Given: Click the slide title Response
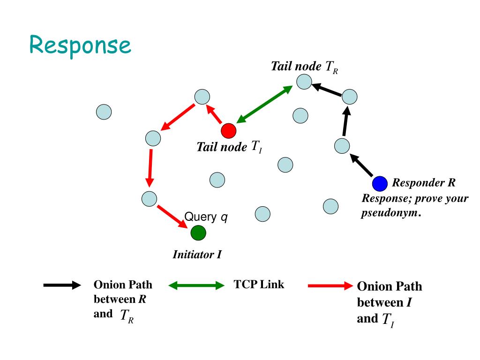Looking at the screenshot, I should [x=80, y=45].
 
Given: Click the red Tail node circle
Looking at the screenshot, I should [x=229, y=130].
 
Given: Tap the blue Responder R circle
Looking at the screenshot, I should [x=380, y=184].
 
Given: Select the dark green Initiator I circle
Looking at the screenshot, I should [x=198, y=232].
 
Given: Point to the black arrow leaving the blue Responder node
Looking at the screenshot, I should [x=362, y=166].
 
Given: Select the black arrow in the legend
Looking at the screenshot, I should [x=62, y=285].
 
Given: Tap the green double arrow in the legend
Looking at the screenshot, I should [x=196, y=285].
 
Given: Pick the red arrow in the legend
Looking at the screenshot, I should [x=330, y=285].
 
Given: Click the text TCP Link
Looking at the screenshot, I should [x=259, y=285].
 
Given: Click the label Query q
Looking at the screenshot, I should [x=206, y=217].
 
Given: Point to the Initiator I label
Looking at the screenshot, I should [x=197, y=255].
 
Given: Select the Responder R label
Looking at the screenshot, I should [x=424, y=182].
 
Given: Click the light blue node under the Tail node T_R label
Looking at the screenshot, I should [x=304, y=82].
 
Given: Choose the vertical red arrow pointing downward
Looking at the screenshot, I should [x=150, y=167].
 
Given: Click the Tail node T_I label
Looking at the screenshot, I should [x=229, y=147].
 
